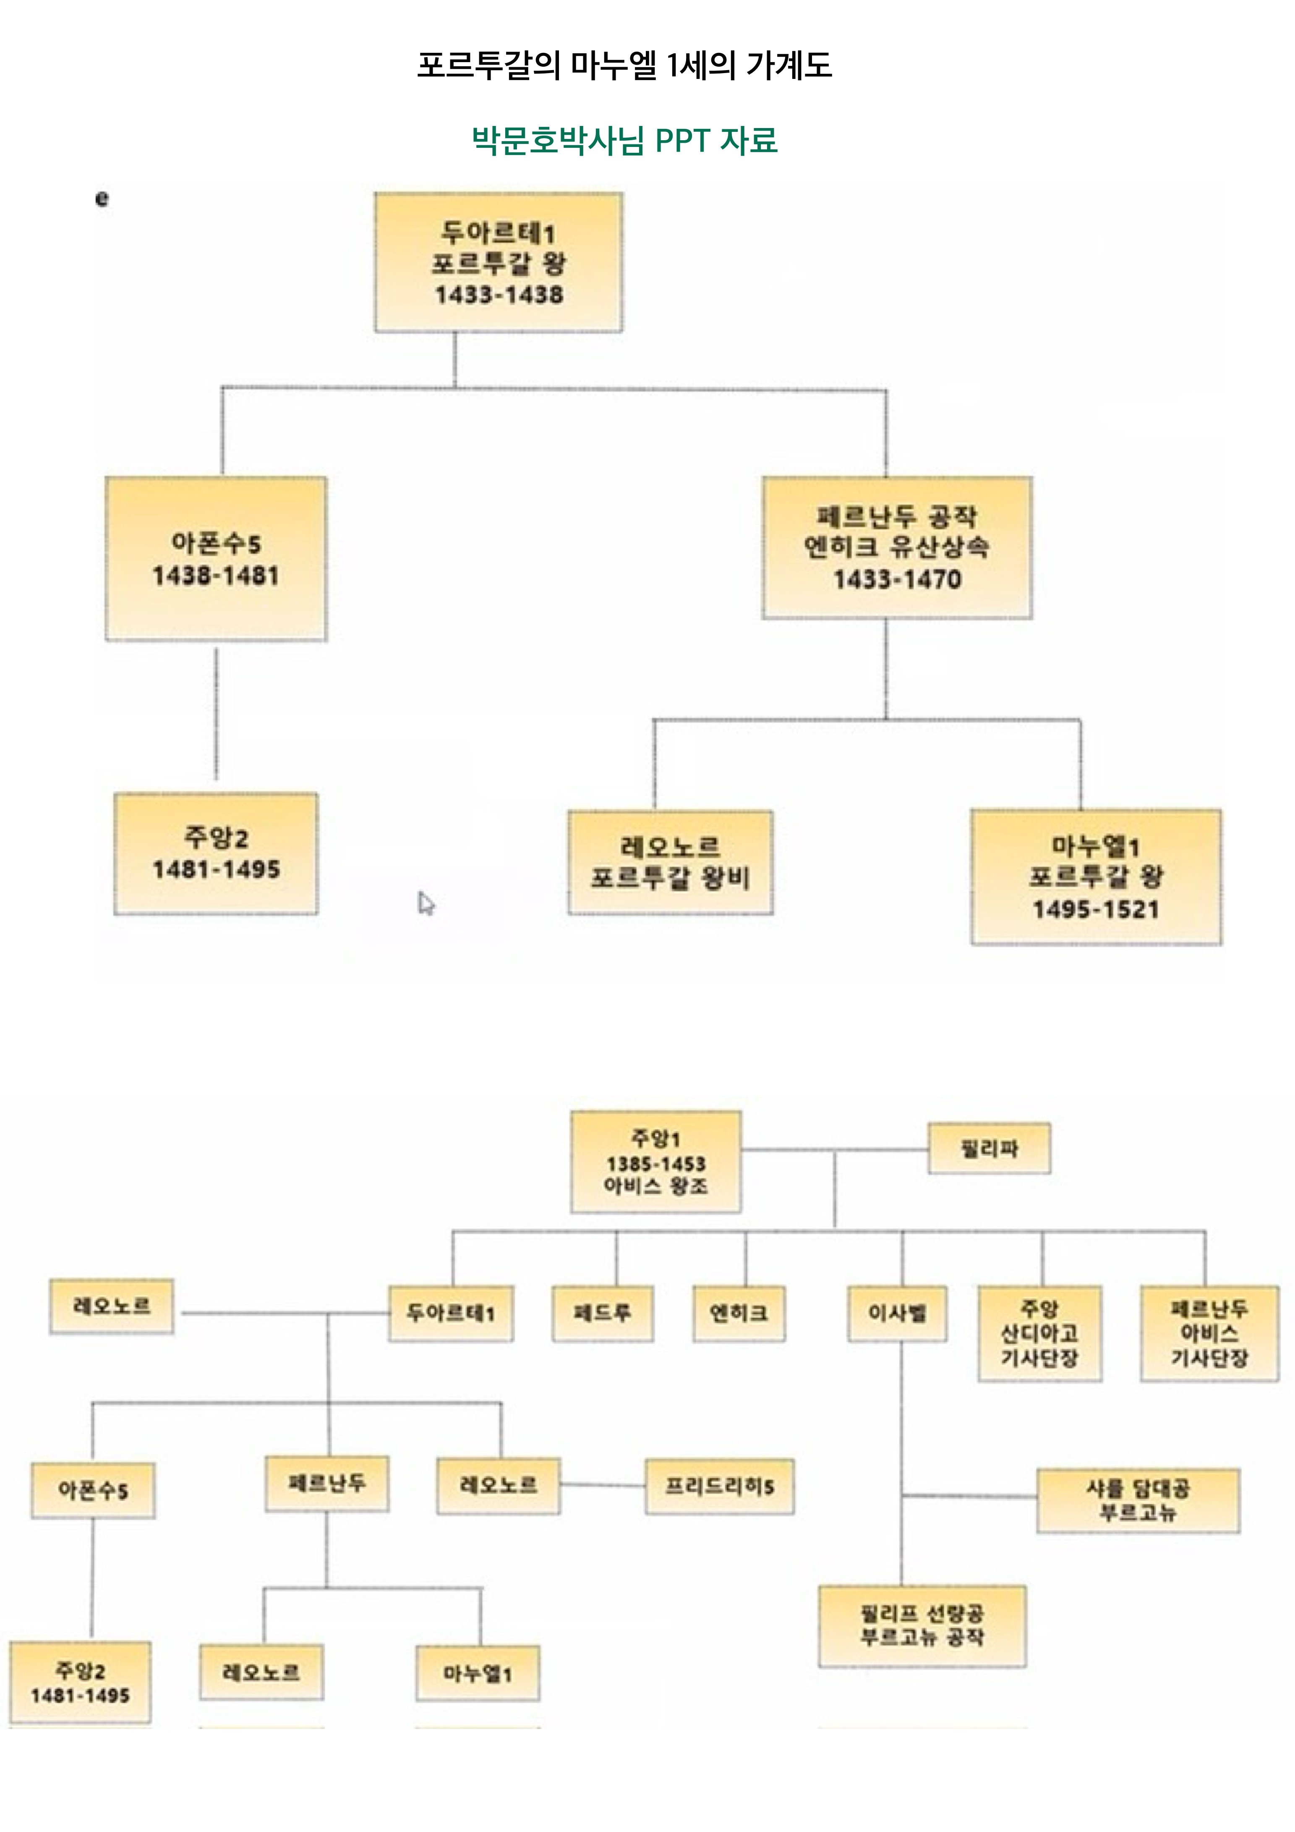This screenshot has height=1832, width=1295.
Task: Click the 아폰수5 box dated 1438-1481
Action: [x=216, y=558]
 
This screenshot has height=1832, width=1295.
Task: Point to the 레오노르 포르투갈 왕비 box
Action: [x=670, y=862]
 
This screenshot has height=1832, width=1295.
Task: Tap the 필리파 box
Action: [x=989, y=1149]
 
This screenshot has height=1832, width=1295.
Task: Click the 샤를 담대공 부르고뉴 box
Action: [x=1138, y=1500]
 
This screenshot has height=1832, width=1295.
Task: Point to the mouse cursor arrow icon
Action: [x=426, y=903]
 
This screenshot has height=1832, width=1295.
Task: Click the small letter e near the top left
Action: [x=101, y=199]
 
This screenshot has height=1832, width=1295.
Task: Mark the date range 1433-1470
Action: [x=897, y=579]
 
